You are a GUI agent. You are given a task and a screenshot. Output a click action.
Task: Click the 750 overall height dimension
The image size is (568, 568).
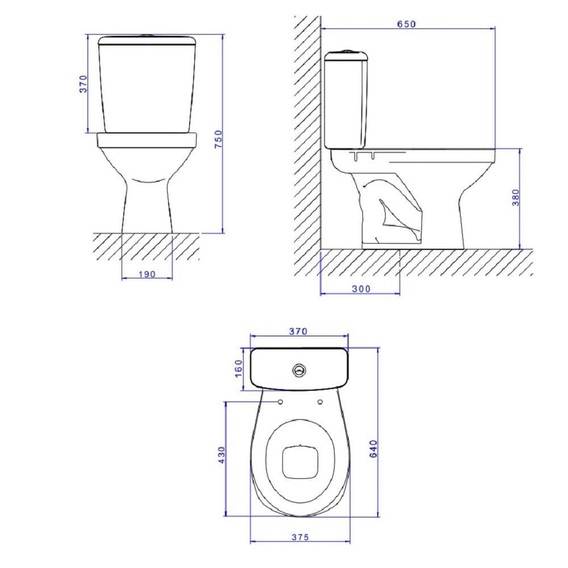[x=218, y=140]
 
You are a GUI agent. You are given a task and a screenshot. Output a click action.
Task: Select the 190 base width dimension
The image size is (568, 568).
[x=147, y=274]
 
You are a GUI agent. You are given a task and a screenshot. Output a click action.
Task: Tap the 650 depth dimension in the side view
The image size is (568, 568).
[x=407, y=24]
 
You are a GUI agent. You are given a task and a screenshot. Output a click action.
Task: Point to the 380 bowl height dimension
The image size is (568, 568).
[x=515, y=198]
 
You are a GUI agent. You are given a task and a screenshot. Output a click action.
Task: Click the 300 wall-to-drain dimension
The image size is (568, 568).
[x=360, y=289]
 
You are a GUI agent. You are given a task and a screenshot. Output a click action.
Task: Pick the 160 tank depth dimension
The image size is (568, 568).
[x=239, y=370]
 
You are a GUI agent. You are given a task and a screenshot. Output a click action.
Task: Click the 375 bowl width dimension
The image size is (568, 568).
[x=299, y=537]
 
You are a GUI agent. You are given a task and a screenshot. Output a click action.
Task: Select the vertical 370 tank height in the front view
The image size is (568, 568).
[x=83, y=83]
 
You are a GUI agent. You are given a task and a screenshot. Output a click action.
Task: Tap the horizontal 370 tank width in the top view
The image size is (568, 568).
[x=298, y=331]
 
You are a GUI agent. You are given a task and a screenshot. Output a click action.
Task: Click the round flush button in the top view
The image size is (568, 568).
[x=299, y=370]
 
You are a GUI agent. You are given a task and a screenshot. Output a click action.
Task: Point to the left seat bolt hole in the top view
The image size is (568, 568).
[x=281, y=402]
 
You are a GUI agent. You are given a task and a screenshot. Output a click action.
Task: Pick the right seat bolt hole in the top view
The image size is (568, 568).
[x=319, y=402]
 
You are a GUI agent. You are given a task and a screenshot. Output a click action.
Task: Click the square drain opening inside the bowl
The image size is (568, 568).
[x=299, y=461]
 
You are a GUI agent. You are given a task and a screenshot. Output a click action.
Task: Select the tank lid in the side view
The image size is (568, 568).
[x=347, y=56]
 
